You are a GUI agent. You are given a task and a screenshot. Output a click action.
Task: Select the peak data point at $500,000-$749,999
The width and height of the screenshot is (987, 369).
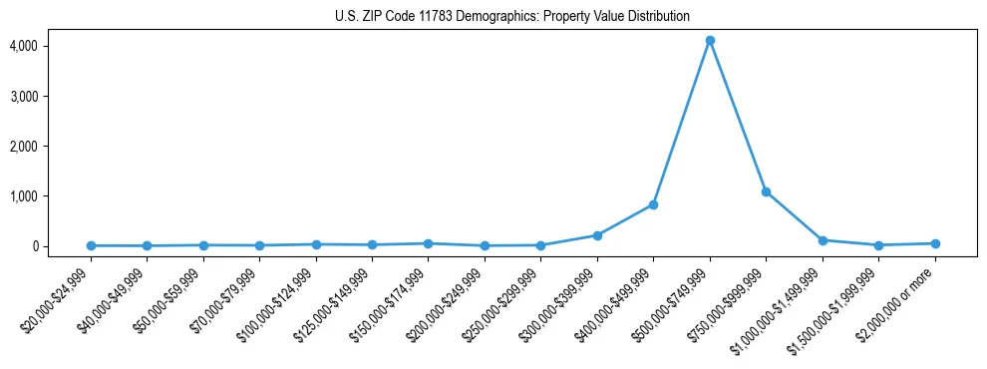click(710, 41)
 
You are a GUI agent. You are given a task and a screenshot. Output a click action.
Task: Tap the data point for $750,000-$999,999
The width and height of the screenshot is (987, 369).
click(766, 191)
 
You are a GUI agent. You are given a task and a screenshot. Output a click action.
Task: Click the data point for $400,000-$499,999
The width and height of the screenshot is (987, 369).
click(653, 204)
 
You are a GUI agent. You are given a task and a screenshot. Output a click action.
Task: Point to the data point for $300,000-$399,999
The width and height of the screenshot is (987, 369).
click(597, 235)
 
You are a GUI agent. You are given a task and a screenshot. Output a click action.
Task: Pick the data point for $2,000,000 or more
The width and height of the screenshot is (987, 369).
click(935, 243)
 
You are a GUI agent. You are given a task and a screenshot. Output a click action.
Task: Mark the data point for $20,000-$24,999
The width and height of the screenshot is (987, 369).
click(91, 245)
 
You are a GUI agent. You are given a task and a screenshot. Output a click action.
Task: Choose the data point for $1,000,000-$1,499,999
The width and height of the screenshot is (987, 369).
click(822, 240)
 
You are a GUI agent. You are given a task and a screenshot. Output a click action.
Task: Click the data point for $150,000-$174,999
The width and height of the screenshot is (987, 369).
click(428, 243)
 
